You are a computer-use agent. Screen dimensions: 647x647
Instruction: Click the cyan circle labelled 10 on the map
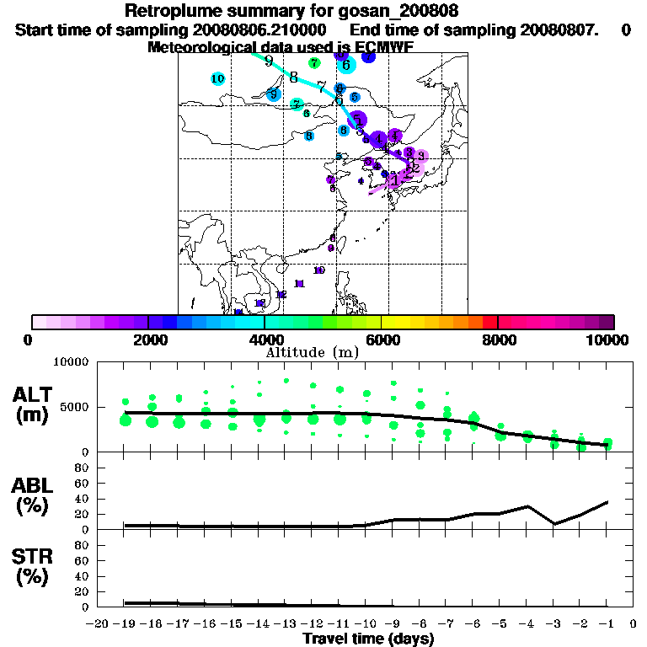point(217,78)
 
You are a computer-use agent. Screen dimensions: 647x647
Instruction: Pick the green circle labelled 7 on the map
point(314,62)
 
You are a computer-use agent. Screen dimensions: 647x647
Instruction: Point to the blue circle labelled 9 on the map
point(273,94)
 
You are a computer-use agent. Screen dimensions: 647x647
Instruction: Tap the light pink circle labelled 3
point(420,155)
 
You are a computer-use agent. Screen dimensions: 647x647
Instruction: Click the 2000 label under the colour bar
point(147,340)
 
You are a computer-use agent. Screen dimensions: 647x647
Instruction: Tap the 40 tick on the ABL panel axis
point(83,498)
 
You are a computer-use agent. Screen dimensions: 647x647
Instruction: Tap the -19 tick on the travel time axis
point(125,624)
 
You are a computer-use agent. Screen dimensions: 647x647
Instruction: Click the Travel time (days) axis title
point(368,639)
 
